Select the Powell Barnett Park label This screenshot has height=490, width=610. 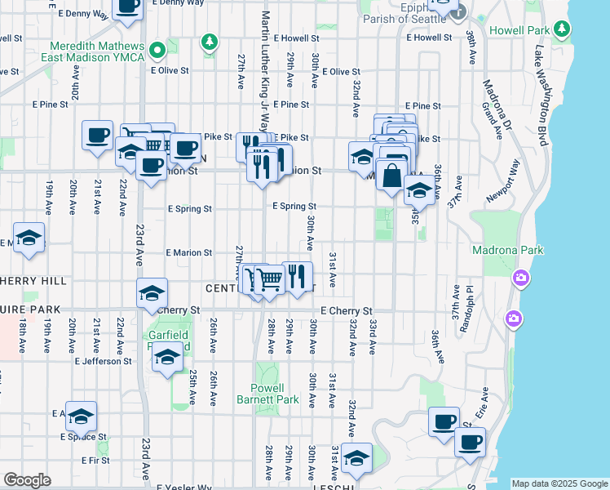click(x=280, y=394)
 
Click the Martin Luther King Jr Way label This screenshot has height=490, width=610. click(x=264, y=70)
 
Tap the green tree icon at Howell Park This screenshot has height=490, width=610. click(x=561, y=30)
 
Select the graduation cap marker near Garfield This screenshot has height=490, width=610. click(x=168, y=358)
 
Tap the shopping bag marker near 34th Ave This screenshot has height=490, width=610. click(x=392, y=174)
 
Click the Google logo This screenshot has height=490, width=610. click(x=27, y=480)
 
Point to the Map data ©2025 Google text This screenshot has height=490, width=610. click(x=559, y=483)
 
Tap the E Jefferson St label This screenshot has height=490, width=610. click(x=103, y=361)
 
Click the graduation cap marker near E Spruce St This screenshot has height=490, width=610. click(x=81, y=417)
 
